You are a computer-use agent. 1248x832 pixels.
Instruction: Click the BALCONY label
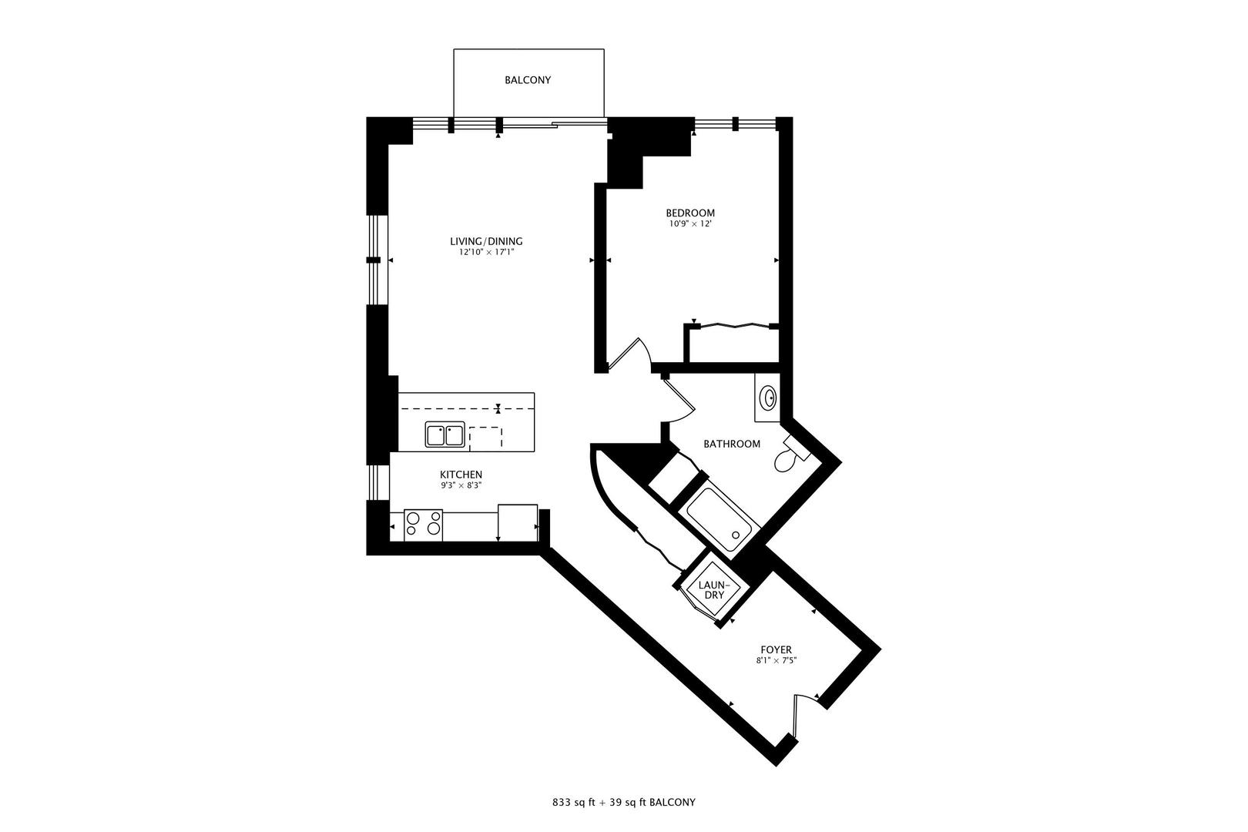click(528, 80)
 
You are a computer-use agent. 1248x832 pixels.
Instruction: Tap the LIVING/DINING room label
click(486, 241)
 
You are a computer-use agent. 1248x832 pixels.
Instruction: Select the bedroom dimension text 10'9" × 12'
click(689, 224)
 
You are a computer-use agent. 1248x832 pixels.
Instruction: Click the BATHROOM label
click(732, 444)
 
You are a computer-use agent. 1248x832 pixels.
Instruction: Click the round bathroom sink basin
click(768, 398)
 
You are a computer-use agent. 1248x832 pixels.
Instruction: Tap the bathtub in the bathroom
click(717, 516)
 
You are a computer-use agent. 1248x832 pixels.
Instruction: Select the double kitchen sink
click(445, 435)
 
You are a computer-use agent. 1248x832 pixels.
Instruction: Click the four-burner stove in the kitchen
click(424, 524)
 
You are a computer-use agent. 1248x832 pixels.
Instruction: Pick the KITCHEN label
click(461, 475)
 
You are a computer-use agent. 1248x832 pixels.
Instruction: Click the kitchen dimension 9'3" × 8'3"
click(461, 485)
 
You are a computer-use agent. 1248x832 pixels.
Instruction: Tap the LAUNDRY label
click(711, 590)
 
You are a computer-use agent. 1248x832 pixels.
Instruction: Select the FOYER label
click(775, 649)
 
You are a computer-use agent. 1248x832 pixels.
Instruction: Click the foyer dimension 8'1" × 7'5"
click(775, 660)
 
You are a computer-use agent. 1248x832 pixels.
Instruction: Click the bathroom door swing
click(679, 401)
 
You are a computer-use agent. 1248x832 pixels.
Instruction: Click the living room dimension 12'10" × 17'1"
click(486, 252)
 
